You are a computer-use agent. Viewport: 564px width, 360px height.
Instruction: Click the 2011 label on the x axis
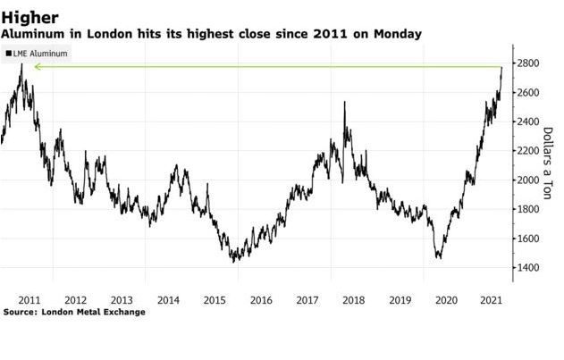29,299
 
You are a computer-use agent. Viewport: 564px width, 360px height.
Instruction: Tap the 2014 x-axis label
168,299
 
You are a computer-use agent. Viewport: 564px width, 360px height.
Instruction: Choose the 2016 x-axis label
261,299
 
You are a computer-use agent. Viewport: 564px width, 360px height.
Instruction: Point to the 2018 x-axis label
354,299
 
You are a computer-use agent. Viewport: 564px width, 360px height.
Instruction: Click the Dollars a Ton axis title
546,171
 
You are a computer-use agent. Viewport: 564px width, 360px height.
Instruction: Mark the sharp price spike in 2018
344,103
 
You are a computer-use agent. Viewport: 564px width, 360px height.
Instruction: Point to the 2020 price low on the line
439,257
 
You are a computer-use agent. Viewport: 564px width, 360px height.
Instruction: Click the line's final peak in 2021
502,67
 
